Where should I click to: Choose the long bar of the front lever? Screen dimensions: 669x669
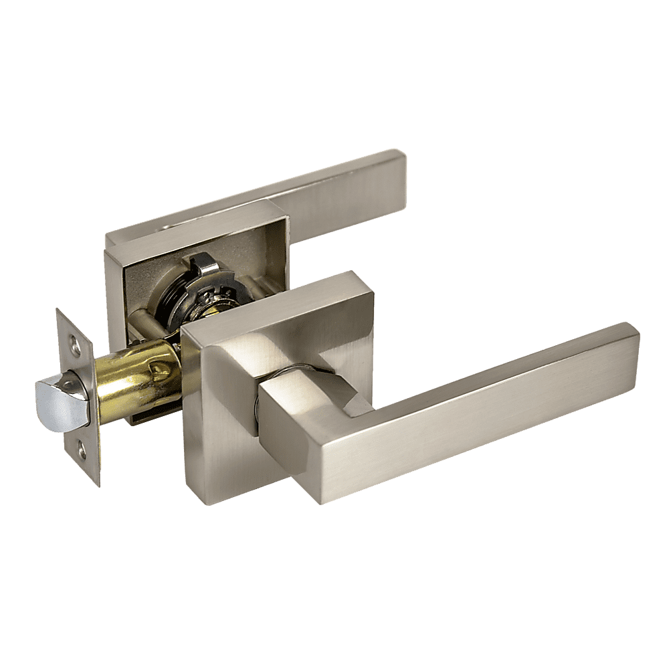pyautogui.click(x=468, y=415)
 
